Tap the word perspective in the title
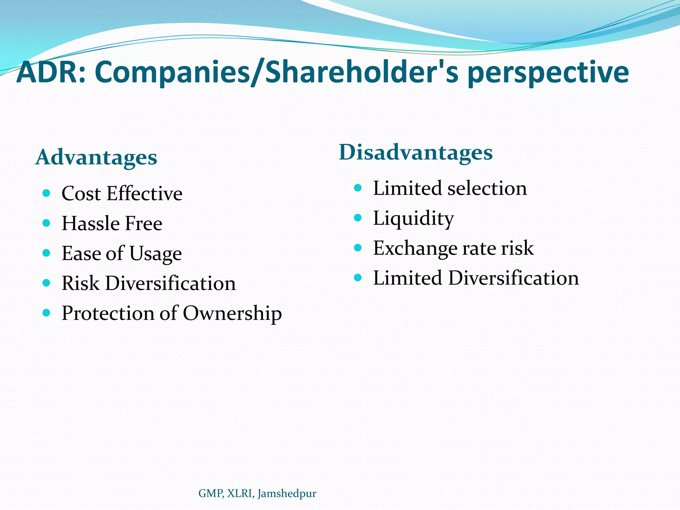click(x=548, y=74)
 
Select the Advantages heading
click(x=96, y=157)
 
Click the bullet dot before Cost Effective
click(x=46, y=193)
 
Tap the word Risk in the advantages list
click(x=80, y=283)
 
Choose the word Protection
click(x=108, y=313)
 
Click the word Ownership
click(x=232, y=313)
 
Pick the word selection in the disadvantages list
click(x=487, y=188)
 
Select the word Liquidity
click(x=413, y=219)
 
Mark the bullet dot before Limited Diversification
click(x=358, y=278)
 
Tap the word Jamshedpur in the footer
click(x=287, y=494)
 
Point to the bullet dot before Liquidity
click(x=358, y=218)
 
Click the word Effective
click(x=144, y=193)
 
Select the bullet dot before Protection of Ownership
click(x=46, y=313)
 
